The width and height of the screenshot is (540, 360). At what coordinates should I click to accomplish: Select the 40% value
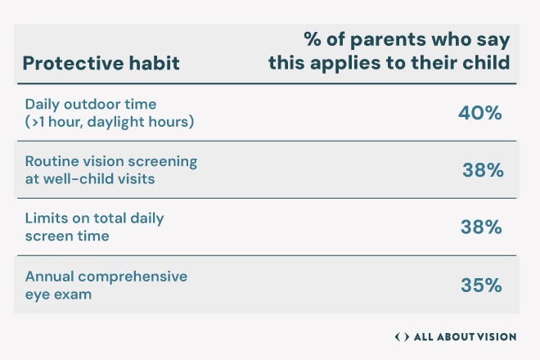tap(480, 113)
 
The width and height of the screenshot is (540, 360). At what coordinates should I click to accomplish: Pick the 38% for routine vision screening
tap(483, 170)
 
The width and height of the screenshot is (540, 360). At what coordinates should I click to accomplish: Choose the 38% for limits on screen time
tap(481, 227)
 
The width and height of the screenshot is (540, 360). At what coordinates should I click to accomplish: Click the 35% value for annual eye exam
tap(481, 286)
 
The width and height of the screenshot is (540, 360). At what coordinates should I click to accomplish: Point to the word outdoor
tap(92, 104)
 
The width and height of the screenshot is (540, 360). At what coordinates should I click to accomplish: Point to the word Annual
tap(49, 277)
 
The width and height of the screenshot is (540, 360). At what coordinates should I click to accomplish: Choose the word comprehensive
tap(133, 277)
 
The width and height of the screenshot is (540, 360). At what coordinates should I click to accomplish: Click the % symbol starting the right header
tap(313, 39)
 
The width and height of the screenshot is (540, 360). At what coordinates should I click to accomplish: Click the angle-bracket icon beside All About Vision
tap(402, 336)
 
